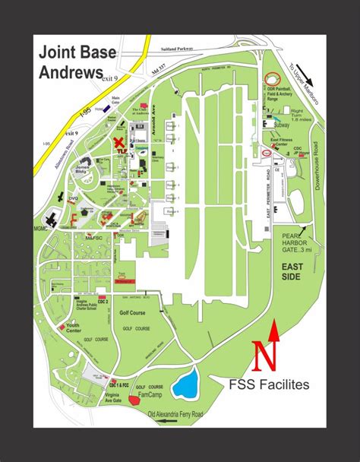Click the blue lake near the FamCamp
(x=185, y=384)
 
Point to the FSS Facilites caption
(x=269, y=384)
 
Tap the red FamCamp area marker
(x=134, y=399)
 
